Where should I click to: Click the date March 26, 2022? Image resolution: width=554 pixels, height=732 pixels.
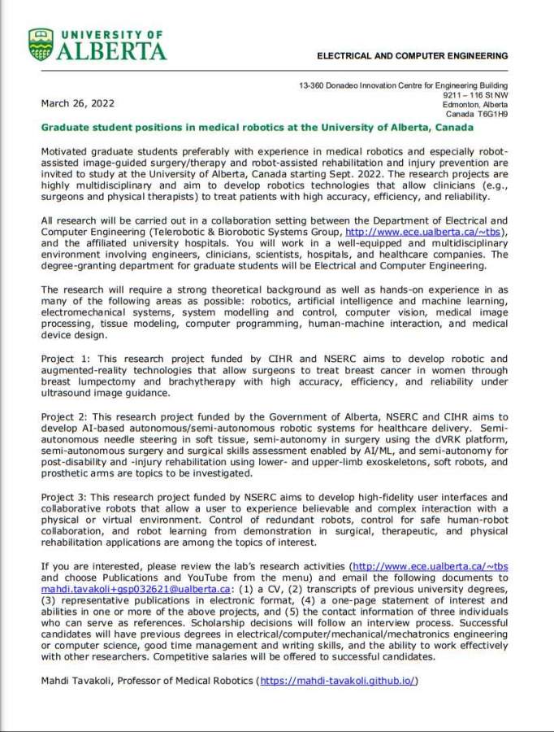coord(77,103)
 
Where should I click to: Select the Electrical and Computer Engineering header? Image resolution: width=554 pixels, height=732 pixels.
coord(412,56)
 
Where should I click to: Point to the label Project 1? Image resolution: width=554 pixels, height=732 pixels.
coord(67,359)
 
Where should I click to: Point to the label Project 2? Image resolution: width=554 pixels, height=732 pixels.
coord(67,416)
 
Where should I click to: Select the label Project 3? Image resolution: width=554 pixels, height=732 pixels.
coord(67,497)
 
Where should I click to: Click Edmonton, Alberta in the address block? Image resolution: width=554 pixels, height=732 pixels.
coord(475,105)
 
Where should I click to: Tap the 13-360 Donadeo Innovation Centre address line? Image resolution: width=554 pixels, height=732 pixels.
coord(403,85)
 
